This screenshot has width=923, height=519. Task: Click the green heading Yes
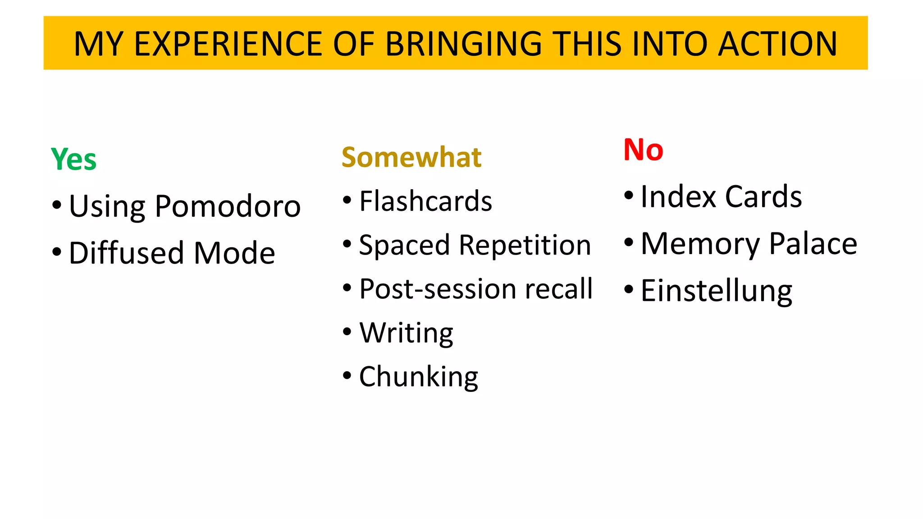(73, 159)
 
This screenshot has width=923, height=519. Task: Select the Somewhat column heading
(411, 157)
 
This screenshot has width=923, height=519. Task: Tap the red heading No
(643, 150)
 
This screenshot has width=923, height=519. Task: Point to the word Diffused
(127, 253)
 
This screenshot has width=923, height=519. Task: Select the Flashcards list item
(425, 201)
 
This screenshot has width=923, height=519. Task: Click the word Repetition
(525, 245)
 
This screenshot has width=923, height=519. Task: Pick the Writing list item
(406, 333)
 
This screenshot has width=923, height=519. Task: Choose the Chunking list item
(419, 377)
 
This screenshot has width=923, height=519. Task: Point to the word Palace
(813, 244)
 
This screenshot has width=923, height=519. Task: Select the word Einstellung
(716, 291)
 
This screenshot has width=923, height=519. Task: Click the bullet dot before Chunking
(347, 375)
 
